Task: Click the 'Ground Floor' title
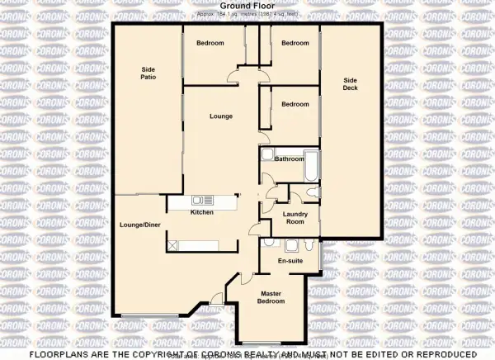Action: pos(247,6)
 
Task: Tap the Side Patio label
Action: pos(148,73)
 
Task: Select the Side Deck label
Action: pos(351,83)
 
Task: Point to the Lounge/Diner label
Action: pos(139,225)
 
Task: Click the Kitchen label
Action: pos(202,212)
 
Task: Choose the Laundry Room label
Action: pos(294,218)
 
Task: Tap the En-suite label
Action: pos(288,261)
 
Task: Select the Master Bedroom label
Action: pos(272,297)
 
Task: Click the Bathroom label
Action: pos(290,159)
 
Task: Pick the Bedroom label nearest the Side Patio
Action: pos(210,43)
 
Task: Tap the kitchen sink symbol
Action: pos(202,199)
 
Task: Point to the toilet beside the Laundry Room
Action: pos(309,192)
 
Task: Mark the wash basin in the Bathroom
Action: pos(266,157)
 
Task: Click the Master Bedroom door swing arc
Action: pos(218,298)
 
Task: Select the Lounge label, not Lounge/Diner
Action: pos(222,116)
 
